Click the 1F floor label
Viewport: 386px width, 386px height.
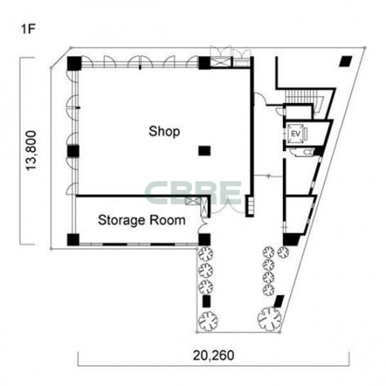click(x=28, y=29)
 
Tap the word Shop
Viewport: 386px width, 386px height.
click(x=164, y=131)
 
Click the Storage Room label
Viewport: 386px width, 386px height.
click(x=141, y=220)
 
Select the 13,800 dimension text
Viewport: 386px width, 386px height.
click(x=31, y=150)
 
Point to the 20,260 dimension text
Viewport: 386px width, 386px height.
click(x=213, y=355)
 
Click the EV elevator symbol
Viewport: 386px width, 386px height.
click(x=296, y=134)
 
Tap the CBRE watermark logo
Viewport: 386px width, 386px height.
click(x=194, y=193)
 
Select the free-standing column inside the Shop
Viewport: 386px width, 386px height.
click(x=204, y=150)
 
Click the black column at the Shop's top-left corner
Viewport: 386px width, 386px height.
click(x=74, y=63)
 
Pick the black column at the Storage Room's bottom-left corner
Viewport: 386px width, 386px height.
click(x=73, y=240)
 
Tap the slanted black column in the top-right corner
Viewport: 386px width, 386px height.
click(x=346, y=61)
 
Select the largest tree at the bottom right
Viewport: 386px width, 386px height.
click(x=270, y=319)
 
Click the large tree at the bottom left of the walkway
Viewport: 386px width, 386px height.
click(x=209, y=321)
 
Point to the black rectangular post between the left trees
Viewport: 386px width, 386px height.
click(x=206, y=301)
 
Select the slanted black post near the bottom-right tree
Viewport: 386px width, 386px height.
click(x=280, y=301)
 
